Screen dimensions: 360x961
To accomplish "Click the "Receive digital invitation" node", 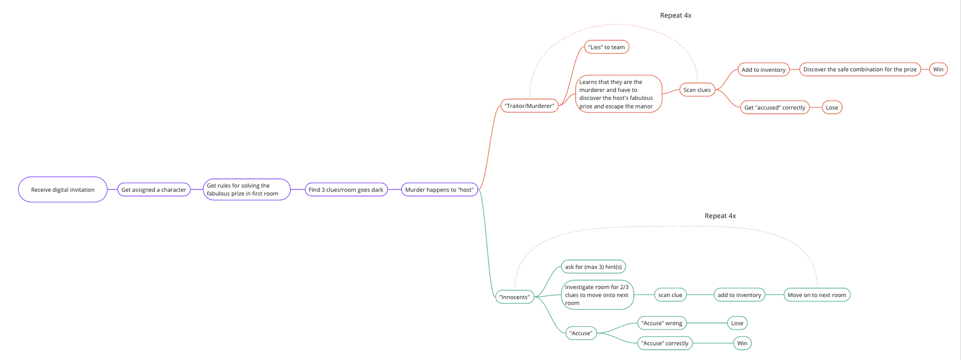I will [x=63, y=190].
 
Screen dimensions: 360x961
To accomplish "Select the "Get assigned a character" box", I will [x=154, y=190].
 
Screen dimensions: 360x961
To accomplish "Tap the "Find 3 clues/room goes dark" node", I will [x=346, y=190].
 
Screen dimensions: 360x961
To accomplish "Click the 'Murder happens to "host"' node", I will [x=440, y=190].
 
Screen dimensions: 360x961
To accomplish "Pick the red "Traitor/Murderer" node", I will [x=529, y=106].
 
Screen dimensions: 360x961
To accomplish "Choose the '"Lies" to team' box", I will [x=606, y=47].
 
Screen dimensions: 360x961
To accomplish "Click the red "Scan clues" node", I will [x=697, y=90].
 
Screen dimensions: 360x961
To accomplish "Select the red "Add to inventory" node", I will [x=763, y=69].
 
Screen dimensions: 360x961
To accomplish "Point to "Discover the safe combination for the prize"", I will [x=860, y=69].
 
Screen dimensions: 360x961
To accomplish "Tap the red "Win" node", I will [x=938, y=69].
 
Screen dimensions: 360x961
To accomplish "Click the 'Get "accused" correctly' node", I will [x=775, y=107].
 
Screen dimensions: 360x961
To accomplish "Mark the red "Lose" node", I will [x=832, y=107].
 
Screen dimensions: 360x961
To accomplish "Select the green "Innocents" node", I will [x=515, y=297].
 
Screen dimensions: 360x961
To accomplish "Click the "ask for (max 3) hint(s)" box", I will [x=593, y=267].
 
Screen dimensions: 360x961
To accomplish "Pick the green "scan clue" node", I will [x=670, y=295].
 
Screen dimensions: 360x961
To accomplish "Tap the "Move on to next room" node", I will [x=816, y=295].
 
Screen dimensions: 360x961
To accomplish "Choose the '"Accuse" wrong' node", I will [x=662, y=323].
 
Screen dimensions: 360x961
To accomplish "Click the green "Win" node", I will [x=742, y=343].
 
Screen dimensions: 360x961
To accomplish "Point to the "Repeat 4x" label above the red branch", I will [x=676, y=15].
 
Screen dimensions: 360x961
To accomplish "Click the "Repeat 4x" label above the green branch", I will [x=720, y=216].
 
